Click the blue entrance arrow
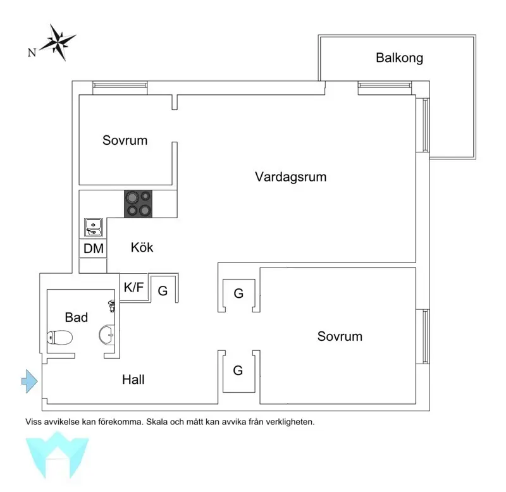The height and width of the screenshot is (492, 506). click(30, 381)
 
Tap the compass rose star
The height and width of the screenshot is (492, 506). click(58, 42)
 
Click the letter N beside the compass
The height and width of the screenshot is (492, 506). click(32, 52)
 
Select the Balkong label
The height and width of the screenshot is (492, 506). click(399, 58)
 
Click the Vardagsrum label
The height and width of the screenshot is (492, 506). click(290, 177)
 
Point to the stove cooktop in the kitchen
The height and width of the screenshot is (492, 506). click(138, 204)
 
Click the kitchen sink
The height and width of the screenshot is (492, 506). click(94, 227)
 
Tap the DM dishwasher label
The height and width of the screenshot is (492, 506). click(94, 249)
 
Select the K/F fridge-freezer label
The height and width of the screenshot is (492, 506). click(133, 287)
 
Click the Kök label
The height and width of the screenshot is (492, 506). click(142, 247)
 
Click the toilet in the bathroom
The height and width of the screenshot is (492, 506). click(59, 338)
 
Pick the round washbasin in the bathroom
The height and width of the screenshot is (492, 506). click(106, 335)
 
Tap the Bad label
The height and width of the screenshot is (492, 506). click(76, 317)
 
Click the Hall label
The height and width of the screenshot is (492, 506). click(133, 379)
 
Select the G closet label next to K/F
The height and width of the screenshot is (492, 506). click(163, 291)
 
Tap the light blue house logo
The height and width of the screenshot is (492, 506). click(57, 455)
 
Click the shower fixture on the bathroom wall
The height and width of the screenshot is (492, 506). click(112, 305)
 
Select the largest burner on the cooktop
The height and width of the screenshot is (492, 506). click(132, 197)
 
